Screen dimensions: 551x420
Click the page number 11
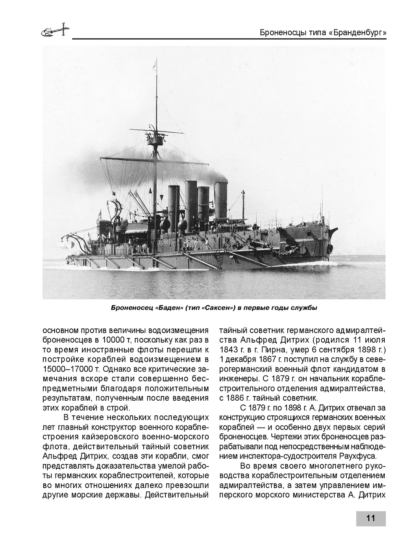click(370, 518)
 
